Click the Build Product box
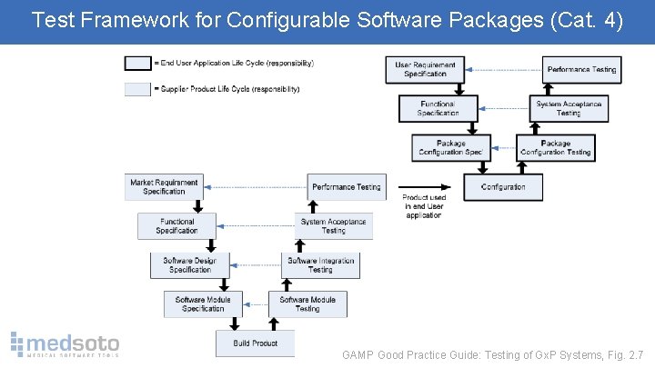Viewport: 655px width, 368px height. point(255,343)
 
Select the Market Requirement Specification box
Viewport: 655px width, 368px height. point(164,187)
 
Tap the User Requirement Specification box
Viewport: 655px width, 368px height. point(426,70)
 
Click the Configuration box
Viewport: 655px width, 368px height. point(503,187)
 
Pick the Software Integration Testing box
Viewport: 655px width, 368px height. point(320,265)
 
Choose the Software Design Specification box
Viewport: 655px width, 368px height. point(190,265)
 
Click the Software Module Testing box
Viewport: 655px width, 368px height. point(307,304)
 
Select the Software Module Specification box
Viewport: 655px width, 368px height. point(203,304)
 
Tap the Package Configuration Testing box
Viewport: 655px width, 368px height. point(555,148)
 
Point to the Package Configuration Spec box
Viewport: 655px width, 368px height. point(451,148)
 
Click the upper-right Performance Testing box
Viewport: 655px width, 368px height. point(581,70)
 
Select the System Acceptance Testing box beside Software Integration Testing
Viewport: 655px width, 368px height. point(333,226)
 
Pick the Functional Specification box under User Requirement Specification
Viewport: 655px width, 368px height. point(438,109)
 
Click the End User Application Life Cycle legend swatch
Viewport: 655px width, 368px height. point(138,64)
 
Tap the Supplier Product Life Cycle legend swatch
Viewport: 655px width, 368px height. point(138,89)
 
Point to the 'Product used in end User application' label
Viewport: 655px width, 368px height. point(424,206)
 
